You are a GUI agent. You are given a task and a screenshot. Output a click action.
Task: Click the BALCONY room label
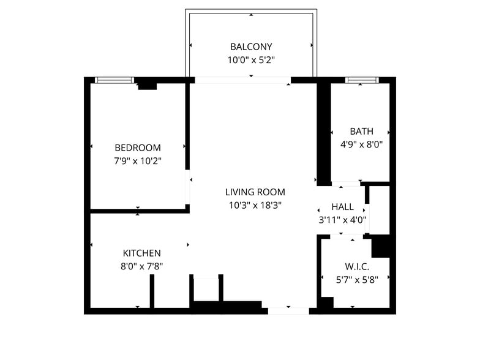click(251, 47)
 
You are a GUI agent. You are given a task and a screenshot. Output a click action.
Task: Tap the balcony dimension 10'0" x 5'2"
click(251, 60)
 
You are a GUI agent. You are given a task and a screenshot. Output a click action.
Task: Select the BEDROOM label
click(138, 148)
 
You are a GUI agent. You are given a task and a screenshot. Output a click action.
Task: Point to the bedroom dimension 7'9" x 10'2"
click(138, 160)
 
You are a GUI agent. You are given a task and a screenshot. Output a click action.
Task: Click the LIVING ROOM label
click(254, 192)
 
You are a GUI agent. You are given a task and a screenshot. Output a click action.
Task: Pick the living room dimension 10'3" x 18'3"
click(254, 205)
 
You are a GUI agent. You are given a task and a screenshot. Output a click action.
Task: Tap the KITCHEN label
click(141, 253)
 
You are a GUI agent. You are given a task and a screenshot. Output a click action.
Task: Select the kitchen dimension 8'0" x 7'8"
click(141, 266)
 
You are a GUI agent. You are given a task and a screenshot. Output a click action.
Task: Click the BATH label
click(361, 131)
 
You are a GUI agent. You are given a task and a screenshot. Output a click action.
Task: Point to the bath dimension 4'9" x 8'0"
click(361, 144)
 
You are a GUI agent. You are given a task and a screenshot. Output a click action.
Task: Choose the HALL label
click(342, 206)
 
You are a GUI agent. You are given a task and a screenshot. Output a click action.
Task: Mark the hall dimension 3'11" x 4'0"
click(342, 219)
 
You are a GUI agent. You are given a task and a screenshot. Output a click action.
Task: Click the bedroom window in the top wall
click(114, 80)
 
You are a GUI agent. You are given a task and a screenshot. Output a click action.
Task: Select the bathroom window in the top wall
click(362, 80)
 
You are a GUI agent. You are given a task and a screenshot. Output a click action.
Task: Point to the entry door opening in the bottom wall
click(288, 311)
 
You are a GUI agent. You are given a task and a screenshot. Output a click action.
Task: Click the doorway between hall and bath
click(345, 184)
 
